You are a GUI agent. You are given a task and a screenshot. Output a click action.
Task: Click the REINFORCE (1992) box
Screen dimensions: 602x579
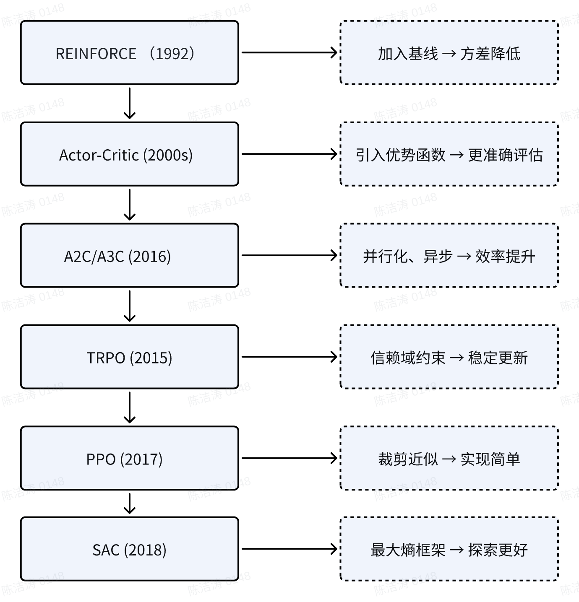[129, 53]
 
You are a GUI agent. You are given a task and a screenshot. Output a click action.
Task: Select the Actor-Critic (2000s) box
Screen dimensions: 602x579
[129, 154]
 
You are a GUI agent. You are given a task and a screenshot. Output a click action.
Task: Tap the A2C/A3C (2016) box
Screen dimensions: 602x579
[129, 256]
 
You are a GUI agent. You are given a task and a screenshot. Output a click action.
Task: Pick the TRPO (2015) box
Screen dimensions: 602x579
[129, 357]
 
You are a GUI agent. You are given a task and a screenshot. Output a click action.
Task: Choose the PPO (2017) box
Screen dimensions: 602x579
[129, 459]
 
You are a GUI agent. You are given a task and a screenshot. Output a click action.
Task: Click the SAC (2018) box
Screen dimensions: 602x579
[129, 549]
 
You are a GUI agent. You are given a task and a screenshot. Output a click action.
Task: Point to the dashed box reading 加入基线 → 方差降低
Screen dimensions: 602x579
[449, 53]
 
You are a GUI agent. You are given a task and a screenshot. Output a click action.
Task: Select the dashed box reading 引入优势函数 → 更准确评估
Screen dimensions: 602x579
[449, 154]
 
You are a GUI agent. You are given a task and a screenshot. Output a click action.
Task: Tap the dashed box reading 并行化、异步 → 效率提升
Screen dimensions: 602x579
[449, 256]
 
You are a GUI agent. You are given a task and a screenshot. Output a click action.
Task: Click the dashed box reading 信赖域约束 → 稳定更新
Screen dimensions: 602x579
[449, 357]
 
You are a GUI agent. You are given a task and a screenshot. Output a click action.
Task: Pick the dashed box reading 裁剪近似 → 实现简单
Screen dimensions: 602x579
[449, 459]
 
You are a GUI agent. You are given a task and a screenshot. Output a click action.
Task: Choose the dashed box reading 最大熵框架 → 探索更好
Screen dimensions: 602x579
[449, 549]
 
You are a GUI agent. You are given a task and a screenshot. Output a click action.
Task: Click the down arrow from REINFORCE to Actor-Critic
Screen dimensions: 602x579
[130, 103]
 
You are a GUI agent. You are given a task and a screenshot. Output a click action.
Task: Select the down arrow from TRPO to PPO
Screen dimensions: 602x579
[130, 407]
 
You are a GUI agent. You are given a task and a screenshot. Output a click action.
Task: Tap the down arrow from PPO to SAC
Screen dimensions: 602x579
[130, 503]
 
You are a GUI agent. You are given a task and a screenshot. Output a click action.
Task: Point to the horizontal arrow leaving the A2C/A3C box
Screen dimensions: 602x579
[289, 255]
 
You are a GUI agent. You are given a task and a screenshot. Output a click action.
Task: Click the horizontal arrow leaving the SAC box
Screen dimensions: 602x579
[289, 549]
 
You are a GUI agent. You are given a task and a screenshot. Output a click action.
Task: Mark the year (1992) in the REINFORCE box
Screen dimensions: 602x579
[172, 54]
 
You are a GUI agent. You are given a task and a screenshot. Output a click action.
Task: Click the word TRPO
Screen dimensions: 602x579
[106, 358]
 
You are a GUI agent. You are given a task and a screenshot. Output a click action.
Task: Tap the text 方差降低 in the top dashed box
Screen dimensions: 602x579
[490, 54]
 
